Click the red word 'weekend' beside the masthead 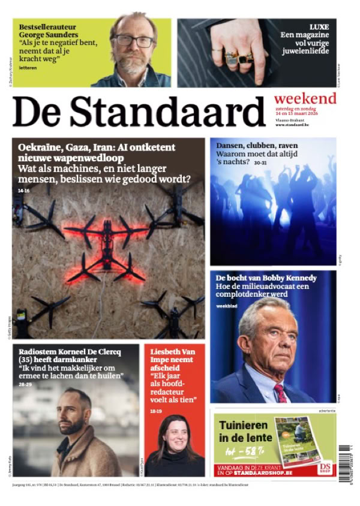tap(305, 99)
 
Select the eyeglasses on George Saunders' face tap(135, 41)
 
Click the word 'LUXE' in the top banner tap(319, 27)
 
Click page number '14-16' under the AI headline tap(23, 191)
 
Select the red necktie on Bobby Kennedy tap(280, 393)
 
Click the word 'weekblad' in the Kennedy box tap(226, 306)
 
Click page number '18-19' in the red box tap(156, 410)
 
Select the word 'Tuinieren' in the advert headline tap(242, 426)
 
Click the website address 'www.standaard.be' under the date tap(292, 125)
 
